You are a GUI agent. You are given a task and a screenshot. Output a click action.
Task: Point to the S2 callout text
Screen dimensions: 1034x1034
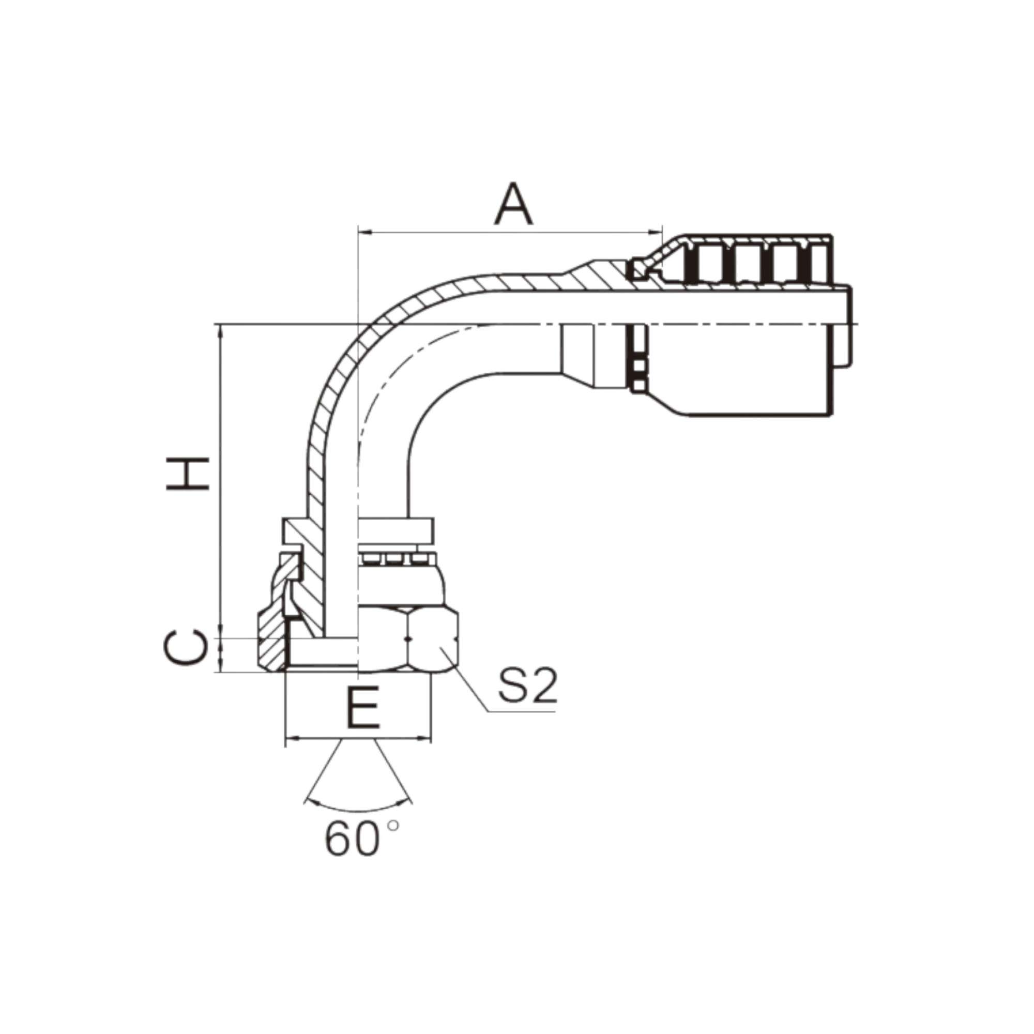528,686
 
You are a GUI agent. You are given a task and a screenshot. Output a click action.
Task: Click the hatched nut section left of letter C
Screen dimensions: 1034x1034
272,645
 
